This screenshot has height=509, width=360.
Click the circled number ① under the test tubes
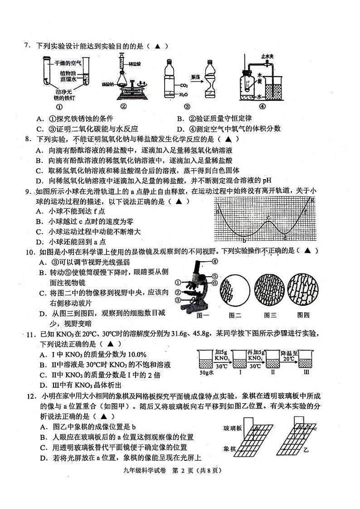(59, 108)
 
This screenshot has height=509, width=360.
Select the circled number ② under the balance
(123, 108)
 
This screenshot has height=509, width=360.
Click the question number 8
(27, 139)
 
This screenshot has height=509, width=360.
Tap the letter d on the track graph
(285, 239)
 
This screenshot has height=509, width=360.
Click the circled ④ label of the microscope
(214, 261)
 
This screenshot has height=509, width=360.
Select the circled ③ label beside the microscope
(178, 300)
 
